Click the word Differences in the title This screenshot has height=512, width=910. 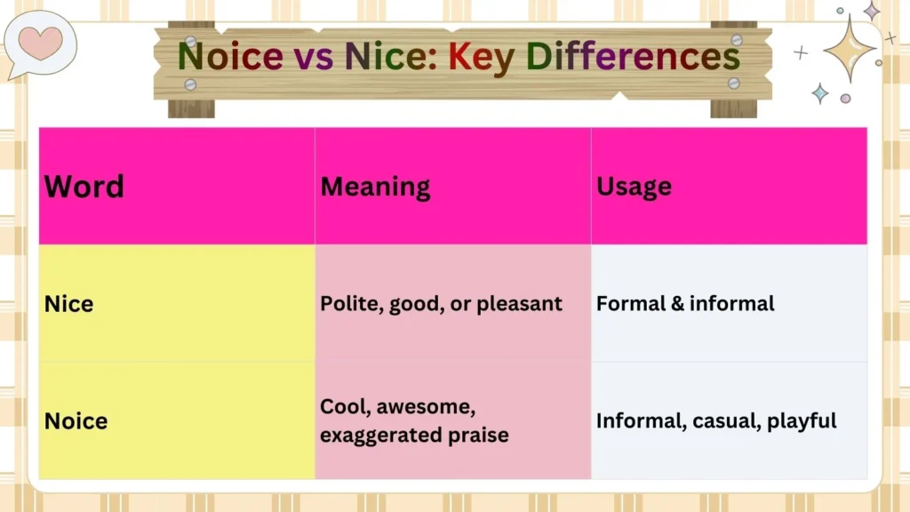[633, 56]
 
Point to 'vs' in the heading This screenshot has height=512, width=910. [310, 56]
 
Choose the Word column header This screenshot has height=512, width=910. [84, 187]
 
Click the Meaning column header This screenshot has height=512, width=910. [375, 187]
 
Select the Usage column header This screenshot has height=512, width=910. [634, 187]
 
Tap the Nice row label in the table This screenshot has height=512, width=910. [68, 304]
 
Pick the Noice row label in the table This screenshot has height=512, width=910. [76, 420]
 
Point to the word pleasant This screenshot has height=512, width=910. [519, 304]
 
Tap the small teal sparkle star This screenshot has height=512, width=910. [819, 92]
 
